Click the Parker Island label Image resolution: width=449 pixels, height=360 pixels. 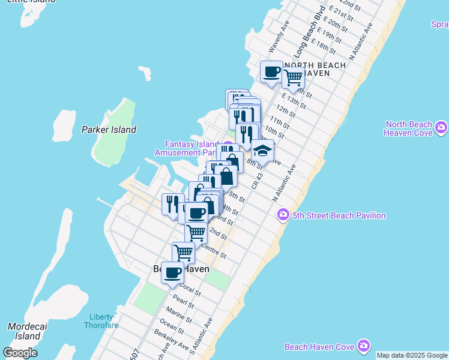click(109, 130)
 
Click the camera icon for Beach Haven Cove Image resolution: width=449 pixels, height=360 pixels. click(363, 346)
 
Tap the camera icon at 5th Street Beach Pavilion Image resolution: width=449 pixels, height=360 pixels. click(283, 215)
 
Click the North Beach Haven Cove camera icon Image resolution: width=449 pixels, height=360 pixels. click(442, 127)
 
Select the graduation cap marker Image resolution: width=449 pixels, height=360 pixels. click(262, 151)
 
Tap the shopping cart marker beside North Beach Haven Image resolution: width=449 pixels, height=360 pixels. click(293, 77)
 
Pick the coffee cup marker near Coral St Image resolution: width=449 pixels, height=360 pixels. click(172, 273)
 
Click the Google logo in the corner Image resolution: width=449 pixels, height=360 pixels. click(20, 353)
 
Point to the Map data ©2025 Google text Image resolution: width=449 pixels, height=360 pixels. click(412, 355)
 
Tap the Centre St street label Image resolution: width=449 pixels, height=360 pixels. click(214, 251)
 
